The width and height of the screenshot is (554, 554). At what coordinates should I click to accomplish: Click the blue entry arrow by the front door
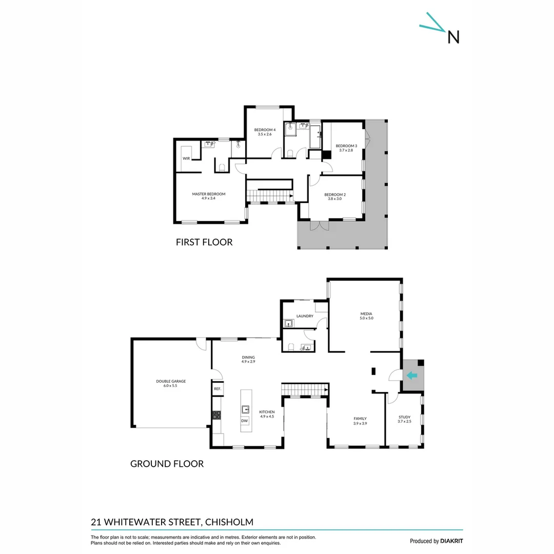pos(412,375)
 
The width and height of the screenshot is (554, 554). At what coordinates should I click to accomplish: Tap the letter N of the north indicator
pos(453,37)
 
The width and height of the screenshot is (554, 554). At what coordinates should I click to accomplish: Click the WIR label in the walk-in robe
pos(186,159)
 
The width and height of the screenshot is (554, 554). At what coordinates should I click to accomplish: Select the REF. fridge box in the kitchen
pos(217,389)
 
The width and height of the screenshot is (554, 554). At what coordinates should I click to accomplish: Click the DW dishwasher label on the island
pos(245,421)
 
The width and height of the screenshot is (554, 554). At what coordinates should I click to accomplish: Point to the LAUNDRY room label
pos(305,316)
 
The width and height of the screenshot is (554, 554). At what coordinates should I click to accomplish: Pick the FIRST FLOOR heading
pos(204,242)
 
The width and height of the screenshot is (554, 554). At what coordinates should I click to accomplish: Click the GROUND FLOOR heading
pos(167,464)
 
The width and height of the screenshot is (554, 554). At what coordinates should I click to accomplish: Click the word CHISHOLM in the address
pos(229,522)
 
